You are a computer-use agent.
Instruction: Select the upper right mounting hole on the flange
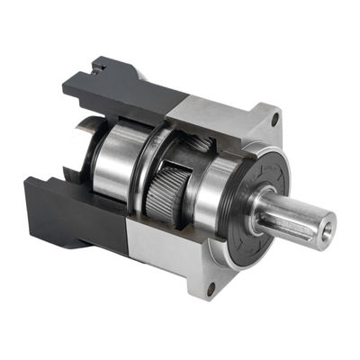[x=274, y=117]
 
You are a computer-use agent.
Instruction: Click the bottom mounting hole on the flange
[x=210, y=290]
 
